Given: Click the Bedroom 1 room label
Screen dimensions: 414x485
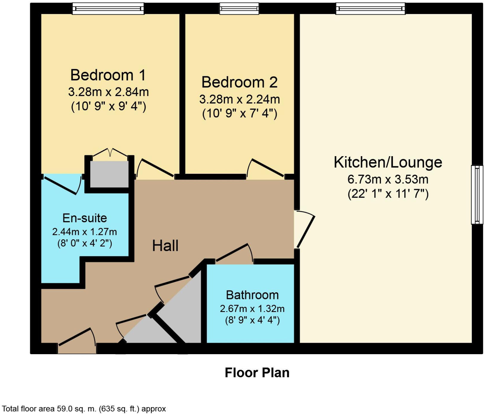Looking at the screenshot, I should (108, 75).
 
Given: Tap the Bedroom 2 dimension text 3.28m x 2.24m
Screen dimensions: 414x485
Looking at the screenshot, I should (239, 99).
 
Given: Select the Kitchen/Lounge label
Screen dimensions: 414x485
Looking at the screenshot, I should (388, 162).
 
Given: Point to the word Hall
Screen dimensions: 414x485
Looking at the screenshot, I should (165, 246).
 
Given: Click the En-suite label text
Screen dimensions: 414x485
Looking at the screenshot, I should (85, 218).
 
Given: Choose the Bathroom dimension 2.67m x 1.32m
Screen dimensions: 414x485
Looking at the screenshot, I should (252, 308).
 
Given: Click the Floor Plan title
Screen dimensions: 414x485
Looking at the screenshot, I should (257, 373).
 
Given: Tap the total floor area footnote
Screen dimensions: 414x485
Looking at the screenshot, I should (84, 409).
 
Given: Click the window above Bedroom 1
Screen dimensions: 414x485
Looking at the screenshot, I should (108, 9).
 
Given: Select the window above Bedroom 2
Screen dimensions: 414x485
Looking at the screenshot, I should (239, 9).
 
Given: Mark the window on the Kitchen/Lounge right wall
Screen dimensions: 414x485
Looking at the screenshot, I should (477, 194).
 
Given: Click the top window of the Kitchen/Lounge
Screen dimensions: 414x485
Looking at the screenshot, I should (370, 9).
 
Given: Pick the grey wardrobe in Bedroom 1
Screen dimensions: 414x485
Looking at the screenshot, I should (109, 174).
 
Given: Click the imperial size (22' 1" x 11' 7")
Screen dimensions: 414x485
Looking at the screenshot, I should (388, 194).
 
